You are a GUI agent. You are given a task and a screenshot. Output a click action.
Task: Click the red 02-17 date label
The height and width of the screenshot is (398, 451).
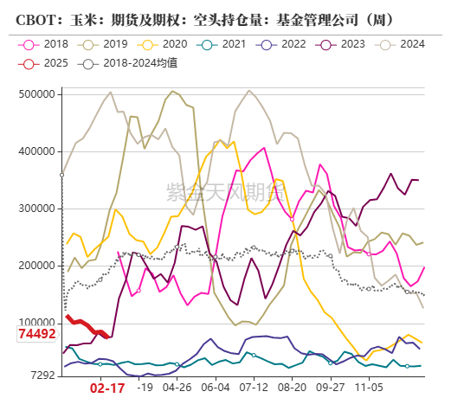click(x=106, y=389)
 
